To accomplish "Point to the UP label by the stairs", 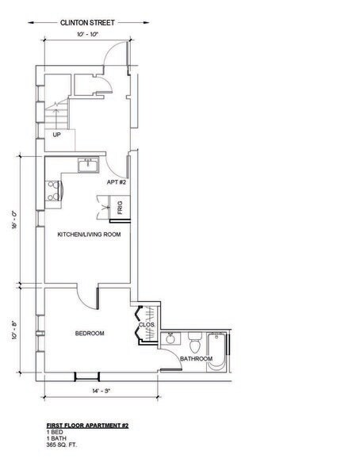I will [56, 134].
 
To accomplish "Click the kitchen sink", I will [87, 165].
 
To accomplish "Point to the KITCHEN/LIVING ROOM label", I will [89, 235].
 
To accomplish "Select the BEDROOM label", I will [90, 333].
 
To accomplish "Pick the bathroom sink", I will [170, 339].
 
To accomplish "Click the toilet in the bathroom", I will [194, 343].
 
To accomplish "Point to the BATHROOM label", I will [195, 360].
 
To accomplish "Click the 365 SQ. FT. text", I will [62, 444].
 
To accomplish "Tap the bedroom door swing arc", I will [85, 294].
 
